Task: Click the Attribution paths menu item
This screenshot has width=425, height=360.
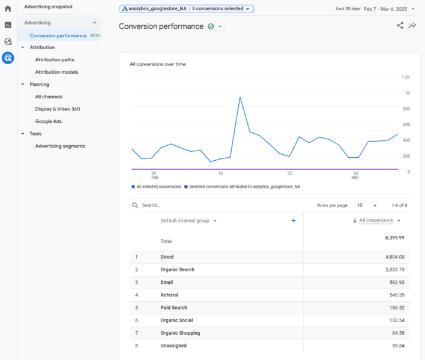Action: [x=55, y=60]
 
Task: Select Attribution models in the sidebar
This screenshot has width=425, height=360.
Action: [x=56, y=72]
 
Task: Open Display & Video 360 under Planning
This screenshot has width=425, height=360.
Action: [x=58, y=109]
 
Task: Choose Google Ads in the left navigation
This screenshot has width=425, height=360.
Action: [x=49, y=121]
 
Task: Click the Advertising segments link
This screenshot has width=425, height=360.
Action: [x=60, y=146]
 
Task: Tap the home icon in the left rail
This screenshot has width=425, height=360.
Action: [x=8, y=8]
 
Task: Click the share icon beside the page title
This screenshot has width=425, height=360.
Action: [x=400, y=26]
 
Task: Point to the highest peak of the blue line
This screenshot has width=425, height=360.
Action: [x=240, y=97]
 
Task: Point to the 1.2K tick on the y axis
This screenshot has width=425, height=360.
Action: [x=406, y=77]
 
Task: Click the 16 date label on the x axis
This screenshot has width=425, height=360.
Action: [x=221, y=173]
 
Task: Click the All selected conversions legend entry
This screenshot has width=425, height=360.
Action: [x=158, y=187]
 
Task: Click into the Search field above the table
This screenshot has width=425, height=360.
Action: [x=180, y=205]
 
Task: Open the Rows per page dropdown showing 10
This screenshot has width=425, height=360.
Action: [x=367, y=205]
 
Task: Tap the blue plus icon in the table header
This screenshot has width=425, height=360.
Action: [x=294, y=221]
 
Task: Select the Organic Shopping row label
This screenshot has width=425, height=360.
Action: [x=180, y=333]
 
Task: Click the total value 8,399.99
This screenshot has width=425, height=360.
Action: [x=394, y=238]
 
